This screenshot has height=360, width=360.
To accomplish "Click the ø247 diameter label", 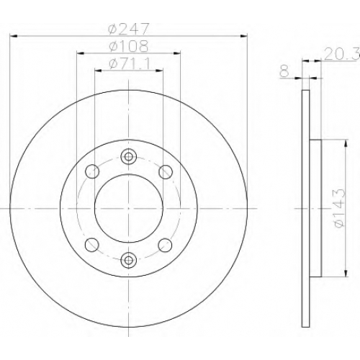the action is tap(129, 29).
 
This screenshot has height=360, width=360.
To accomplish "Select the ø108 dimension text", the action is tap(128, 46).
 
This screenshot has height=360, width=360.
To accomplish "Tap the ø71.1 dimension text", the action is tap(130, 64).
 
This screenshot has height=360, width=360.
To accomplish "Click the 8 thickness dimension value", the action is tap(284, 71).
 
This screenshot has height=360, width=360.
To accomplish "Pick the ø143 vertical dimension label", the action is tap(339, 208).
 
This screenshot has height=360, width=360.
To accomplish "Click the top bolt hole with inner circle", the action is tap(129, 157).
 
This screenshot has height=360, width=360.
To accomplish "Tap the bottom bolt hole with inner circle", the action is tap(129, 259).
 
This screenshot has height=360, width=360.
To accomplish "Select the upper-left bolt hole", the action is tap(92, 171).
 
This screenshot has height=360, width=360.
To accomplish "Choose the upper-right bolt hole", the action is tap(166, 171).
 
